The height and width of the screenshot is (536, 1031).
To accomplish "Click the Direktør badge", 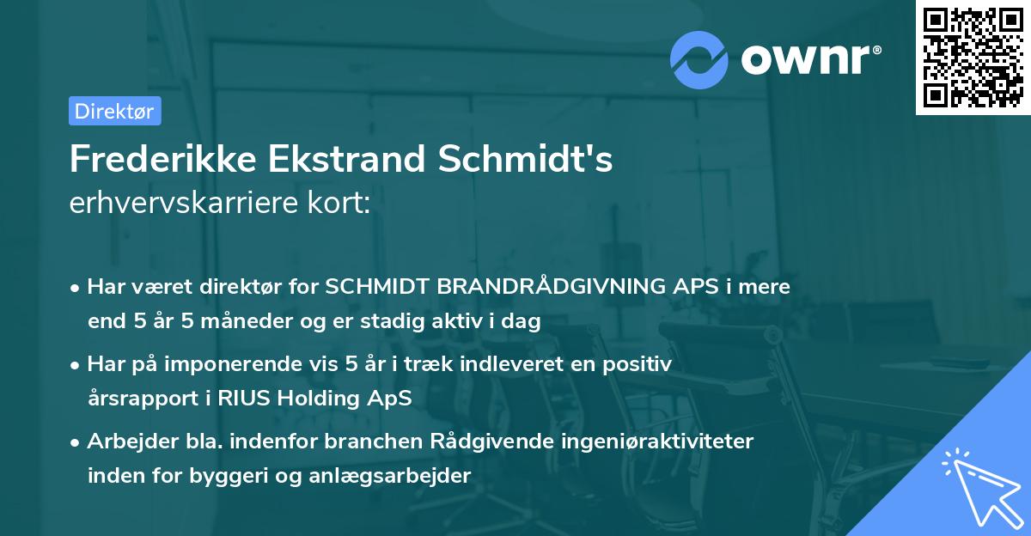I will click(114, 111).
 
